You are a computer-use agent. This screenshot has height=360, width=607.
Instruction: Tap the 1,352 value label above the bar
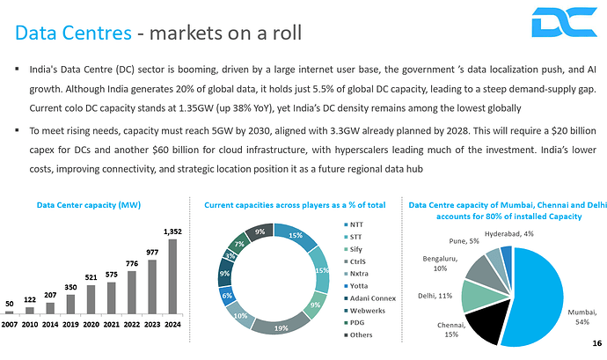(x=172, y=231)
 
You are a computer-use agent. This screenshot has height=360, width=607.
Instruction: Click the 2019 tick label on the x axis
(x=71, y=324)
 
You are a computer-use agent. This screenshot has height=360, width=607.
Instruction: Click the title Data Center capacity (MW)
(x=89, y=205)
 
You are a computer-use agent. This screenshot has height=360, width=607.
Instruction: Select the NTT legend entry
(x=357, y=225)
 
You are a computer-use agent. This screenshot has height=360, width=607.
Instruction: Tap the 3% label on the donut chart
(x=230, y=256)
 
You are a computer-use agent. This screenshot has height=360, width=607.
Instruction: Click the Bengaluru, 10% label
(x=441, y=264)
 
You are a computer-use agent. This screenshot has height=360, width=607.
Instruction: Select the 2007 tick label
(x=10, y=324)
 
